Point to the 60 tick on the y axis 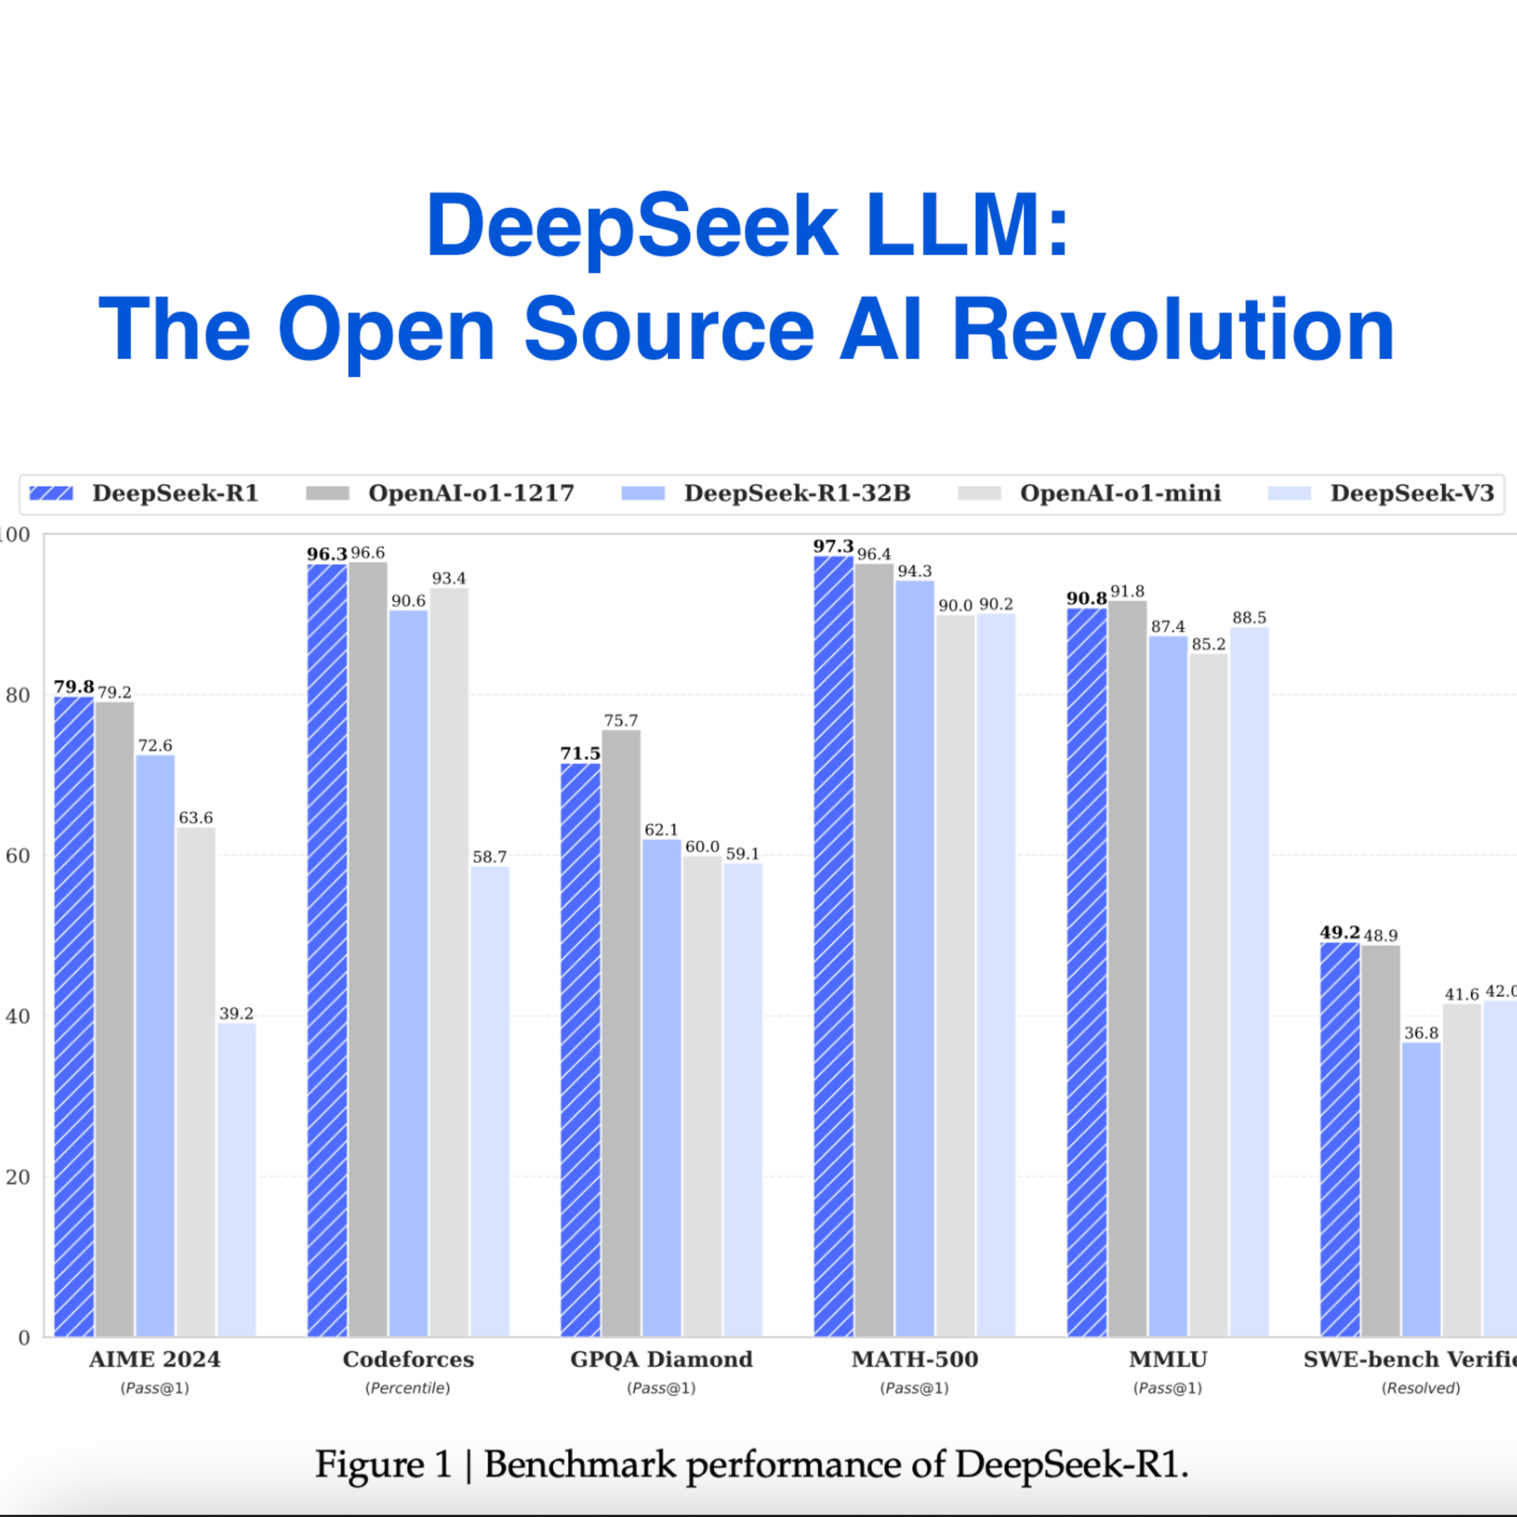[17, 856]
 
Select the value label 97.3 [833, 546]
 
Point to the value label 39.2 [236, 1013]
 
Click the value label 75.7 [621, 720]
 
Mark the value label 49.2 [1340, 932]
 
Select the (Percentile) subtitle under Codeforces [408, 1388]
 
